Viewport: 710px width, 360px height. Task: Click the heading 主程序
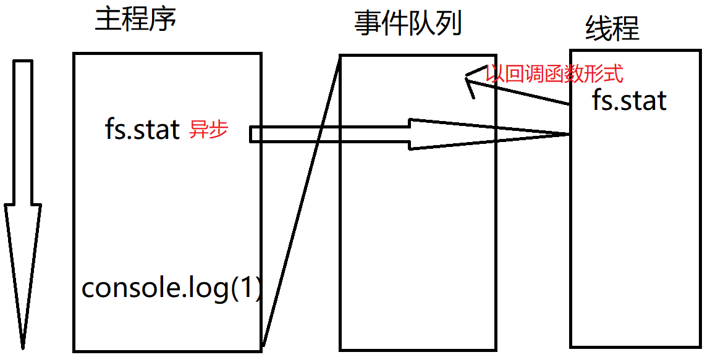135,20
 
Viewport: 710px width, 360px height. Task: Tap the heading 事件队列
408,24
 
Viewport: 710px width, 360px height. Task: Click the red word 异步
208,130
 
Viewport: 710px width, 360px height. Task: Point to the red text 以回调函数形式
554,75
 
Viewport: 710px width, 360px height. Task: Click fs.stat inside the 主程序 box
143,130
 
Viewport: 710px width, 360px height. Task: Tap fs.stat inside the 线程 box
629,100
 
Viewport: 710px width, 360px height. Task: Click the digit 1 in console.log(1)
245,288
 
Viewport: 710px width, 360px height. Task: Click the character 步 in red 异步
218,130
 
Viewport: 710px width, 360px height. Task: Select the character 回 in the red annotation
513,75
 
